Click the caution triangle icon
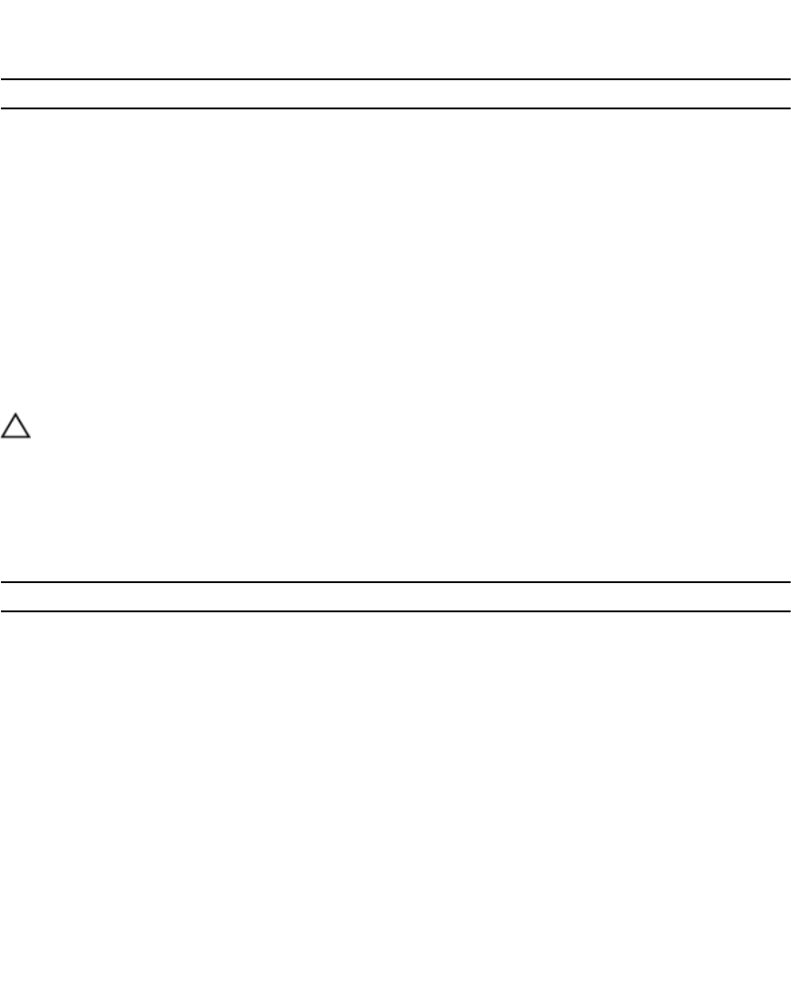coord(15,427)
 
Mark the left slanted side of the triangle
coord(8,425)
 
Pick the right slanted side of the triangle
coord(23,425)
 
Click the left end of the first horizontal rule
coord(2,79)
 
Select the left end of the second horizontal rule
coord(2,108)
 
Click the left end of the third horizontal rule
coord(2,582)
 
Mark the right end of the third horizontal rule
coord(788,582)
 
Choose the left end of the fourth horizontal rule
coord(2,610)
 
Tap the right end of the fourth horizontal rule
coord(788,610)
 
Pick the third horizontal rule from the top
coord(395,582)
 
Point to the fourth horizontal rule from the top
coord(395,610)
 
